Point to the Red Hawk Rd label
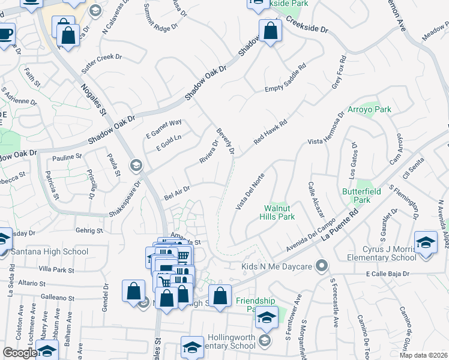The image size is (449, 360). [x=270, y=131]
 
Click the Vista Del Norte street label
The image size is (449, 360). [x=250, y=191]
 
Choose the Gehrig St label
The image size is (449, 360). [x=90, y=230]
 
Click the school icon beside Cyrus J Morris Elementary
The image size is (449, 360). [x=426, y=242]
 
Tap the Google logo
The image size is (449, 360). [x=20, y=353]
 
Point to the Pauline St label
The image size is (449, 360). [x=67, y=157]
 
